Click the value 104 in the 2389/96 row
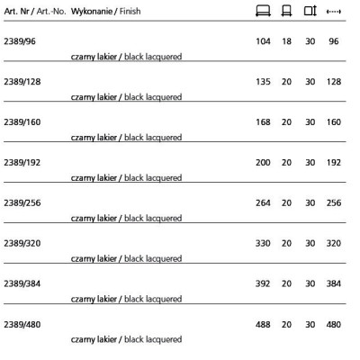[263, 41]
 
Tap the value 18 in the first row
[287, 41]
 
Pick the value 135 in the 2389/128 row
[263, 81]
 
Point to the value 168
[263, 121]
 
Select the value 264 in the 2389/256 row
[263, 202]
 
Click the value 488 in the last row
[263, 324]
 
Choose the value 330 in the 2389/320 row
[263, 243]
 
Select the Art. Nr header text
[18, 10]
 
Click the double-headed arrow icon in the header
[334, 11]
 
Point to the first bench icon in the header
[263, 11]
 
